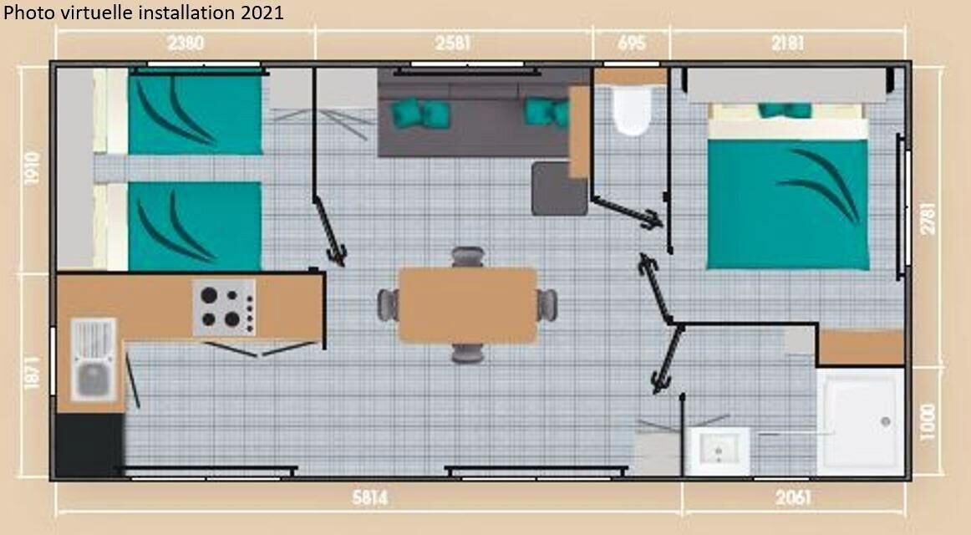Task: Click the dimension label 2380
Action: [x=186, y=43]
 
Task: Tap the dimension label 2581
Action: [x=453, y=43]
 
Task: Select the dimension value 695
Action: [x=632, y=43]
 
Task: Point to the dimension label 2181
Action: [x=788, y=43]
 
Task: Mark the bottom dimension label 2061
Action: [x=793, y=497]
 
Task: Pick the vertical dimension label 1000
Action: [x=927, y=422]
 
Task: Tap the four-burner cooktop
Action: [x=224, y=307]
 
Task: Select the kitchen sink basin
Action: [x=94, y=380]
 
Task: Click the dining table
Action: [x=468, y=305]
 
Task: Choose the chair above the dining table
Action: [x=468, y=257]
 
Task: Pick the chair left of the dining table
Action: [x=388, y=305]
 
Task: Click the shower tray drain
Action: [x=886, y=421]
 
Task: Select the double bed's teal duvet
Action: [x=788, y=204]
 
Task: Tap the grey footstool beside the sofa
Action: [x=558, y=188]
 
